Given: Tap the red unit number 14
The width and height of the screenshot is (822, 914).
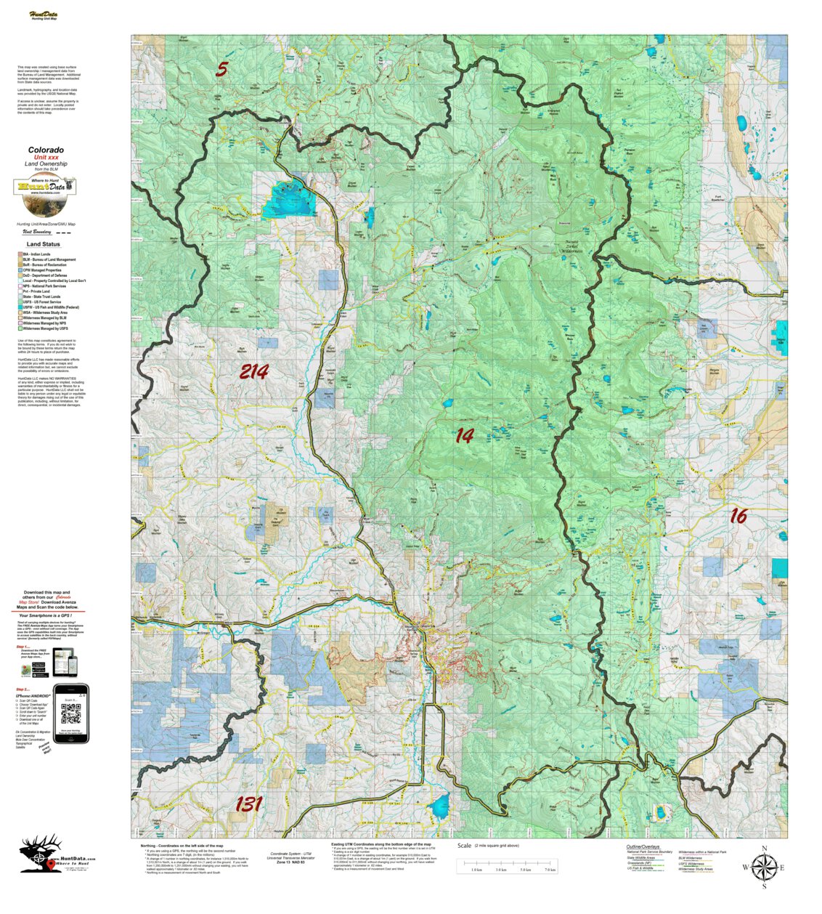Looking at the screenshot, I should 464,436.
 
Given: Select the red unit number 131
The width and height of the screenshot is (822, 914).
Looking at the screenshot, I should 248,804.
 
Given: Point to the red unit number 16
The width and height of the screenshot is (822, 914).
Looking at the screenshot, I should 738,516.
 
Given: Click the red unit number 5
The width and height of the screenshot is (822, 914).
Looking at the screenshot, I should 221,70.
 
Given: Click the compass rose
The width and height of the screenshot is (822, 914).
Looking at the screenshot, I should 763,866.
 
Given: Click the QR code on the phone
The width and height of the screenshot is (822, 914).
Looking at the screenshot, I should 71,714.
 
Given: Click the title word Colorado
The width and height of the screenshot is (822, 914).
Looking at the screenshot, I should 46,150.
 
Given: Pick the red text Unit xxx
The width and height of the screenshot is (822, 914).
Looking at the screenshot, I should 46,157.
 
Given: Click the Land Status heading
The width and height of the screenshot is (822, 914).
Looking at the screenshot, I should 44,245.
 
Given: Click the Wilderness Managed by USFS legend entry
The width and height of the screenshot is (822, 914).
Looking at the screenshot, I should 45,328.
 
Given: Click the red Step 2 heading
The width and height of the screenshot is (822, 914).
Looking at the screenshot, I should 23,689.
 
